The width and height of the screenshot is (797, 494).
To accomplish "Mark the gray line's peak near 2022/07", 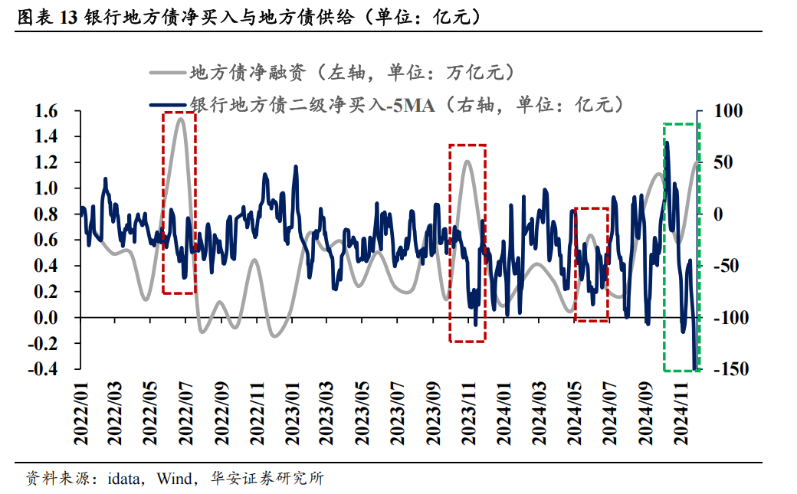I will pyautogui.click(x=180, y=118).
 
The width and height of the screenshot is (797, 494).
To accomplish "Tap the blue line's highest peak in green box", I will pyautogui.click(x=667, y=142).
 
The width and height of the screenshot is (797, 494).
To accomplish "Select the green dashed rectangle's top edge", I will pyautogui.click(x=681, y=123).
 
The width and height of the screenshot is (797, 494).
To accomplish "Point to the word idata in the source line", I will pyautogui.click(x=123, y=479).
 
